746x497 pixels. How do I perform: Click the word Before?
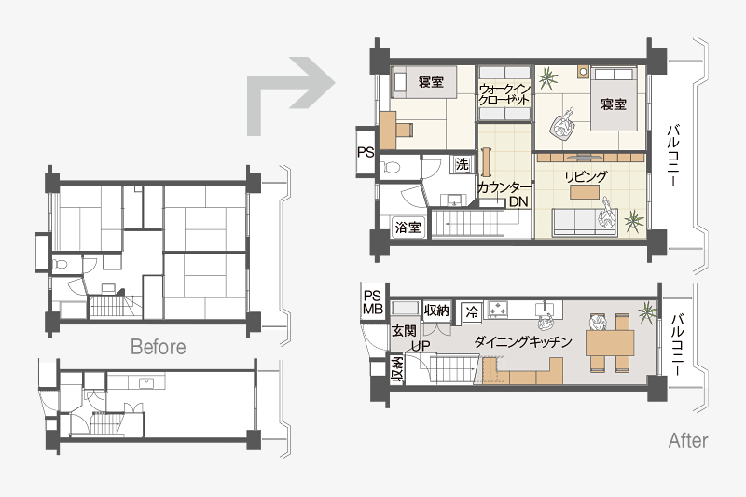coord(158,347)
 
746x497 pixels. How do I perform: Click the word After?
coord(688,440)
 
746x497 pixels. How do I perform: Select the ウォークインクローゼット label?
coord(504,94)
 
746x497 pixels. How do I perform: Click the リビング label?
coord(586,176)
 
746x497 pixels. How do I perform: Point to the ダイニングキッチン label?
coord(523,341)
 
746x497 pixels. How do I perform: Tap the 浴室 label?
coord(408,228)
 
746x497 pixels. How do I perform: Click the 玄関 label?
coord(404,330)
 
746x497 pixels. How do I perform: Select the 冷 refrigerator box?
coord(472,312)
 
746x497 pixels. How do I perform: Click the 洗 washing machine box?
coord(462,164)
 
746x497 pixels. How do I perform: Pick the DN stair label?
coord(518,201)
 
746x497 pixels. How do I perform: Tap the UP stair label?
coord(421,346)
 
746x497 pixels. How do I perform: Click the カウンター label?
coord(503,187)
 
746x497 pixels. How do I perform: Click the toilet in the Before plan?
coord(61,264)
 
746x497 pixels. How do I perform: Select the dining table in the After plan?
coord(610,343)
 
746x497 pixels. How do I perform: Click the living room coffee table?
coord(585,192)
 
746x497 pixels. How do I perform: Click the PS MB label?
coord(372,302)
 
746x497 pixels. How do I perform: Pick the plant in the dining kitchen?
coord(647,312)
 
